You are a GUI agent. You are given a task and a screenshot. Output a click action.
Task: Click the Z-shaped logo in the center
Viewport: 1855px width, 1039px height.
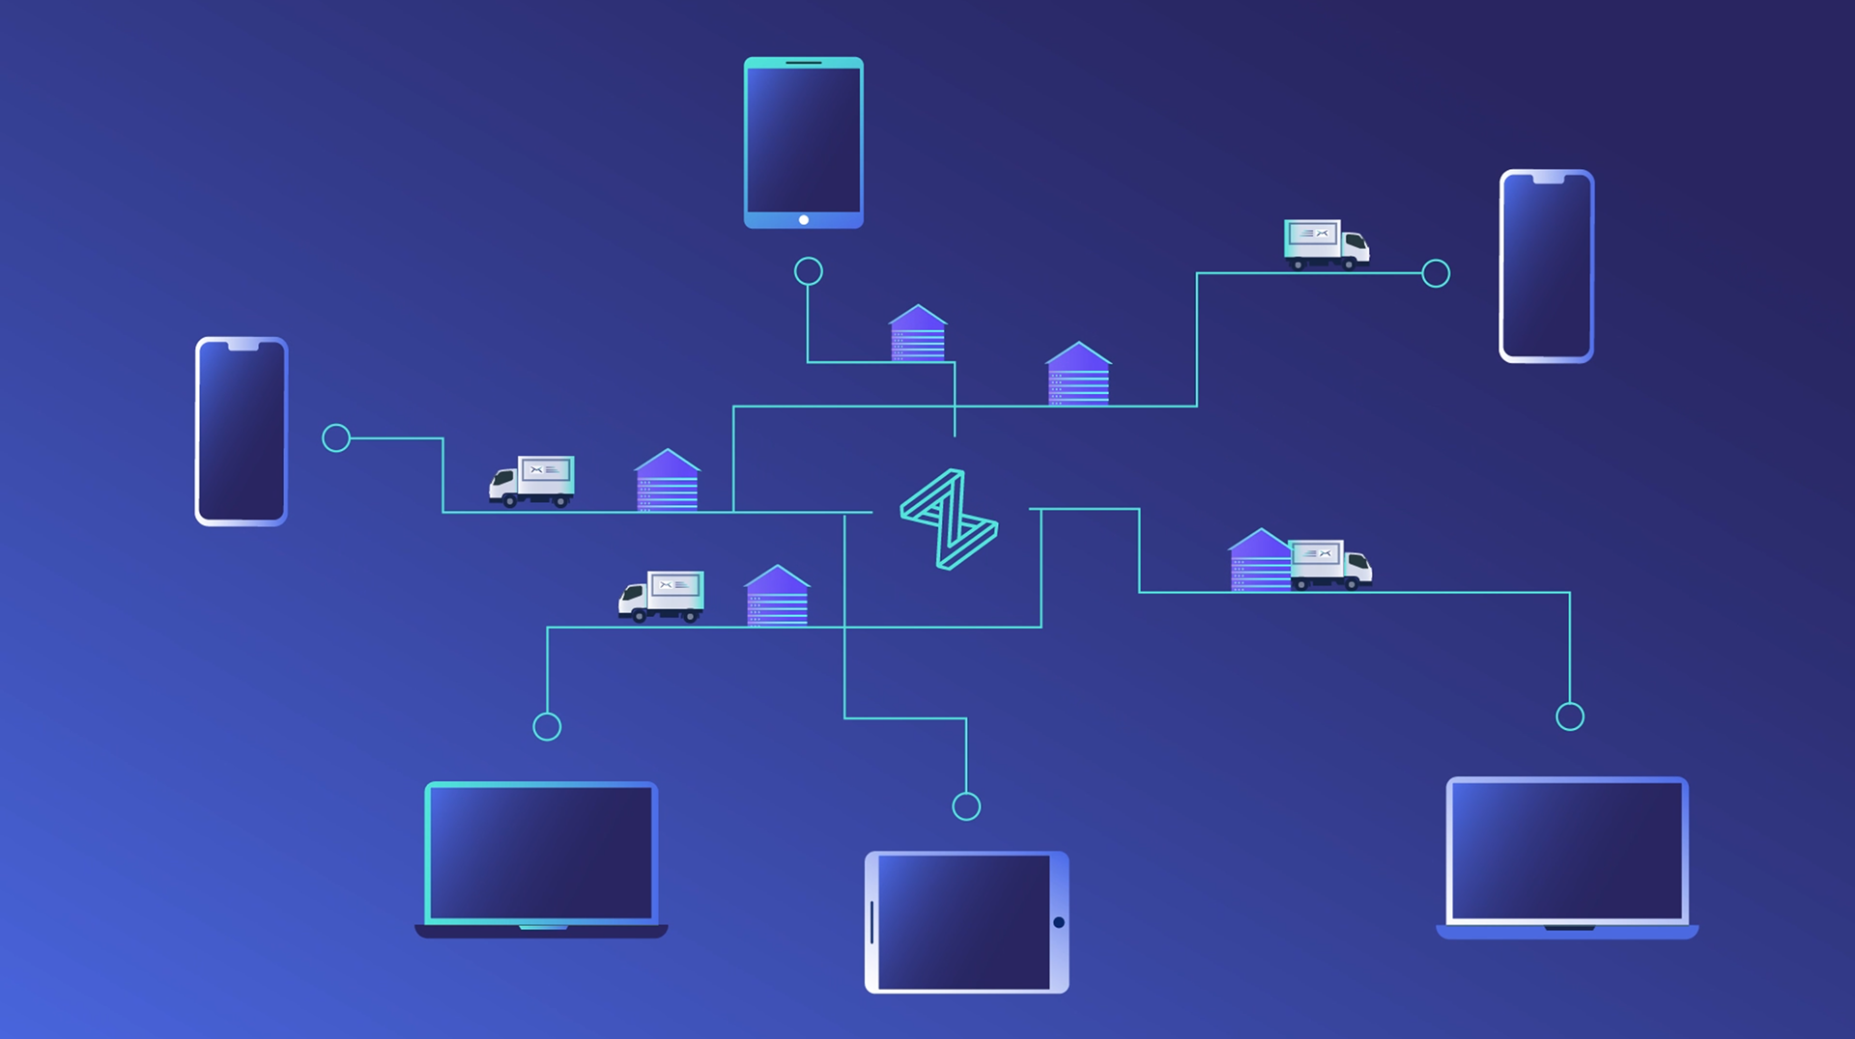click(949, 519)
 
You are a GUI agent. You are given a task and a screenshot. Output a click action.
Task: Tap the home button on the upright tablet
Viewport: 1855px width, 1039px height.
click(804, 220)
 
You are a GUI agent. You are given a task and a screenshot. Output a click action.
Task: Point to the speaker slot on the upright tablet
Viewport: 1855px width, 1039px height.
click(804, 63)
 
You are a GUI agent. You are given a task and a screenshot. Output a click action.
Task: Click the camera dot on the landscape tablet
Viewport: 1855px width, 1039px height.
click(1059, 922)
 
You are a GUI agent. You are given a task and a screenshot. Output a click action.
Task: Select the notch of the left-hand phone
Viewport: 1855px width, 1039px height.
click(242, 346)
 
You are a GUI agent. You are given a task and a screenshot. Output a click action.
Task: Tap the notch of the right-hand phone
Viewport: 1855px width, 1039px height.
click(1548, 179)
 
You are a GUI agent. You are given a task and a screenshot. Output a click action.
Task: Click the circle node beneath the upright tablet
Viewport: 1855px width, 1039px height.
click(809, 271)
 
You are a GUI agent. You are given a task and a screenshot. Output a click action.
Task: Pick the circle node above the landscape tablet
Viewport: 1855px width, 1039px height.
click(966, 806)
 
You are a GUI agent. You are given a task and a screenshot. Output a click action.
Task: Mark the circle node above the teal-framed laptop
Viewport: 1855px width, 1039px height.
click(547, 726)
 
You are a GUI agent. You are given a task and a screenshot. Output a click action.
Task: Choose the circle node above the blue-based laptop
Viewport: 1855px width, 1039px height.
click(1570, 716)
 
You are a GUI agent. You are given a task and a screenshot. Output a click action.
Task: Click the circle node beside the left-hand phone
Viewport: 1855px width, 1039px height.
click(336, 438)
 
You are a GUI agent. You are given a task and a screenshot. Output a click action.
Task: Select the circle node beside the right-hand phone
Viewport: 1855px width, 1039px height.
click(1436, 273)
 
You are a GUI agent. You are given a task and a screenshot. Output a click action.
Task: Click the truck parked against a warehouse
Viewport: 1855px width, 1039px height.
click(1330, 564)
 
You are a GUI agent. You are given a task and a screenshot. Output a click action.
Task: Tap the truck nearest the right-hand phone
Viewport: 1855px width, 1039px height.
click(1326, 243)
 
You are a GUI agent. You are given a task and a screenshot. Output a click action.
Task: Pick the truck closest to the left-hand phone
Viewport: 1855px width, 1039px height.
click(532, 481)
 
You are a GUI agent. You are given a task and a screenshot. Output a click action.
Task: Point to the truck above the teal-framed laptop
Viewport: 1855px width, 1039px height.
click(662, 596)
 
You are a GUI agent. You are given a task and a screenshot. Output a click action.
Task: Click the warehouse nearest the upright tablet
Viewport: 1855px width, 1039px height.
click(918, 334)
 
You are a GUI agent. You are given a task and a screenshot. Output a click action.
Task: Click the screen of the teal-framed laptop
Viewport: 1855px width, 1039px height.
click(541, 852)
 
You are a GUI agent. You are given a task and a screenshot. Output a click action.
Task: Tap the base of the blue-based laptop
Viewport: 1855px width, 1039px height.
click(1567, 932)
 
